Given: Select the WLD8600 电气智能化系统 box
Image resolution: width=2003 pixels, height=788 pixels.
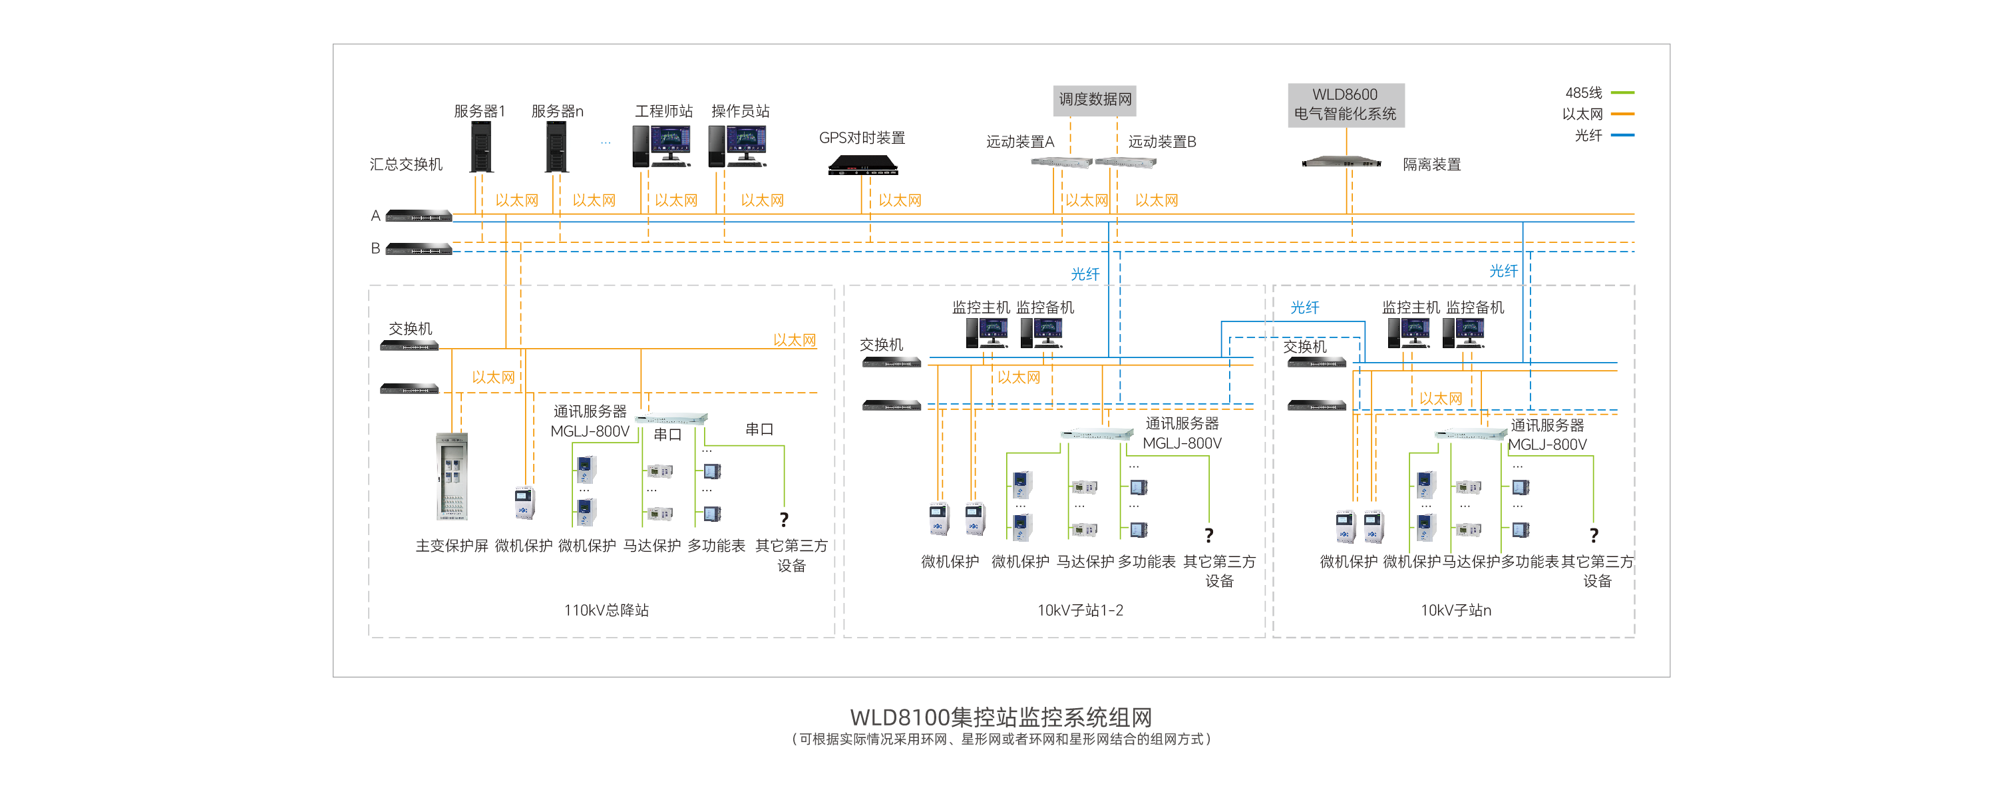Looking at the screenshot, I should click(x=1345, y=104).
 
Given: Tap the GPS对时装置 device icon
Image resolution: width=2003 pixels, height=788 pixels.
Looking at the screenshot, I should click(x=862, y=165).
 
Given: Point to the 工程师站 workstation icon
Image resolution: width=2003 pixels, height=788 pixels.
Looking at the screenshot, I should click(x=661, y=146).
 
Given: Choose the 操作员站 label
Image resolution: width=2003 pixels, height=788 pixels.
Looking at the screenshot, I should click(x=740, y=111).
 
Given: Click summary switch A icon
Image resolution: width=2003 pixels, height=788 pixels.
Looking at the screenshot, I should click(x=419, y=216).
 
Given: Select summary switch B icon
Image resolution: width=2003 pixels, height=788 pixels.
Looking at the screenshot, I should click(x=419, y=249).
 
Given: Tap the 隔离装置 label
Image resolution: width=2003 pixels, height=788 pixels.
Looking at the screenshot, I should click(x=1431, y=165).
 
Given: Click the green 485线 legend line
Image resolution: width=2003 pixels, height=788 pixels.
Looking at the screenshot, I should click(x=1623, y=93).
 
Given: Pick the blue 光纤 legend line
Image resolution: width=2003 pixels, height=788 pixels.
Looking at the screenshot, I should click(x=1623, y=135).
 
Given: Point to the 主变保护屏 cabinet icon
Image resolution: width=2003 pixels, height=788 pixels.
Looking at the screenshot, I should click(x=453, y=476).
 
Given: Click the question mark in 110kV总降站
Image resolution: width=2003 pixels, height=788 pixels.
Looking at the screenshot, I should click(x=784, y=520).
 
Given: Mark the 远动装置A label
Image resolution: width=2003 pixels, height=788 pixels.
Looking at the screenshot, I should click(x=1020, y=142).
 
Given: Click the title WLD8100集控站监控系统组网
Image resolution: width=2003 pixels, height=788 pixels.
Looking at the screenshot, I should click(x=1001, y=716).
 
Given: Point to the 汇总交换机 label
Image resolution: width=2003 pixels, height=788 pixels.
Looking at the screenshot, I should click(x=406, y=164).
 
